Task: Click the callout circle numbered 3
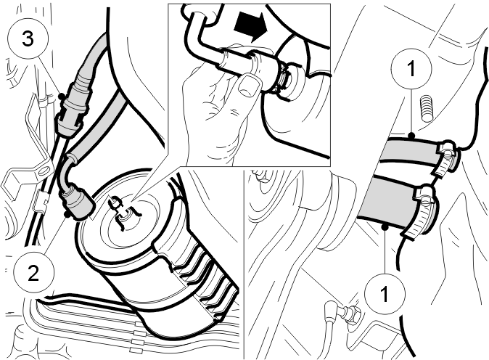point(28,38)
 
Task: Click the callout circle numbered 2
point(33,273)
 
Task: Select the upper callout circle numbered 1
point(411,69)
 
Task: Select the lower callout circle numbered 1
point(385,294)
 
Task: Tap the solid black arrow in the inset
point(251,27)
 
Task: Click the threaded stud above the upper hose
point(427,108)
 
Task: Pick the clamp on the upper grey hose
point(447,158)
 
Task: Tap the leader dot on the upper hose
point(411,136)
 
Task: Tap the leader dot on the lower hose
point(385,227)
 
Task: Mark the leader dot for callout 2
point(66,214)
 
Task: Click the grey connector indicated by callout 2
point(77,202)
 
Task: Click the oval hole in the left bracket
point(44,171)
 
